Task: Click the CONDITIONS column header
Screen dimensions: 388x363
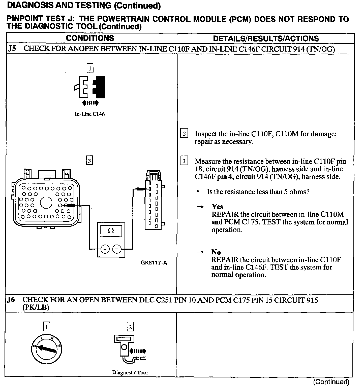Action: [x=90, y=38]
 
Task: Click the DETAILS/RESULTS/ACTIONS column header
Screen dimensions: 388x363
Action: [x=266, y=38]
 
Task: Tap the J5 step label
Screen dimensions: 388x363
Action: [x=12, y=49]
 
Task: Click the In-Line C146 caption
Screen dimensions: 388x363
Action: [x=89, y=114]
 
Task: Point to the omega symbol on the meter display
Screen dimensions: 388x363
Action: [x=111, y=231]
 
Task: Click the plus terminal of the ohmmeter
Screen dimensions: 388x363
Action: [x=105, y=249]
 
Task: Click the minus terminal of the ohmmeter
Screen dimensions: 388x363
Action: [x=117, y=249]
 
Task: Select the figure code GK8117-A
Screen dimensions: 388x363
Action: [x=154, y=263]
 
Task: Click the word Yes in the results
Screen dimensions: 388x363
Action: [x=217, y=207]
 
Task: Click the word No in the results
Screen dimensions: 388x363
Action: [x=216, y=252]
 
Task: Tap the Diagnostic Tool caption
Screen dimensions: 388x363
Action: [x=130, y=372]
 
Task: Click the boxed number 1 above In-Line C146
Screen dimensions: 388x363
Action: [x=90, y=68]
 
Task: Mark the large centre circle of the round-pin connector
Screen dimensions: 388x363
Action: [x=46, y=203]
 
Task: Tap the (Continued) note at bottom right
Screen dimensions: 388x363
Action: [x=331, y=382]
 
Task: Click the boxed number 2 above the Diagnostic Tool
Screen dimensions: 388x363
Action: [x=130, y=327]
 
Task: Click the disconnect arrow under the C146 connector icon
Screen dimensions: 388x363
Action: [x=90, y=103]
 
